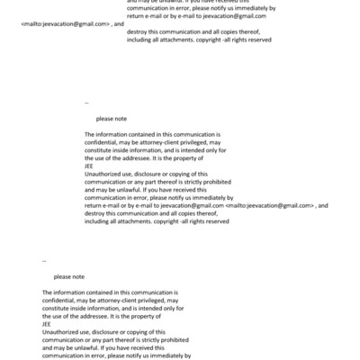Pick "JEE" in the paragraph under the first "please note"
89,165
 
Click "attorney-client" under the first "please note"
158,141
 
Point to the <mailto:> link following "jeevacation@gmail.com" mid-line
271,205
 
